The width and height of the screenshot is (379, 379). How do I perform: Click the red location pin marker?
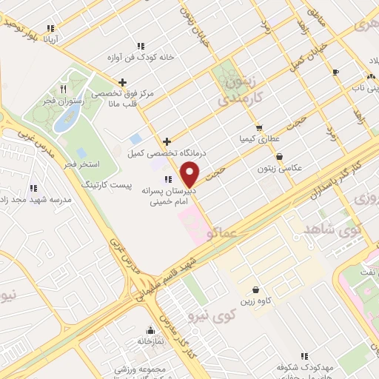click(x=190, y=173)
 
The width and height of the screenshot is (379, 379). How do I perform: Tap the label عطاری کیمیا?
click(x=258, y=138)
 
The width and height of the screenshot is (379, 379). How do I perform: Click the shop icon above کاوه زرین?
click(x=255, y=289)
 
